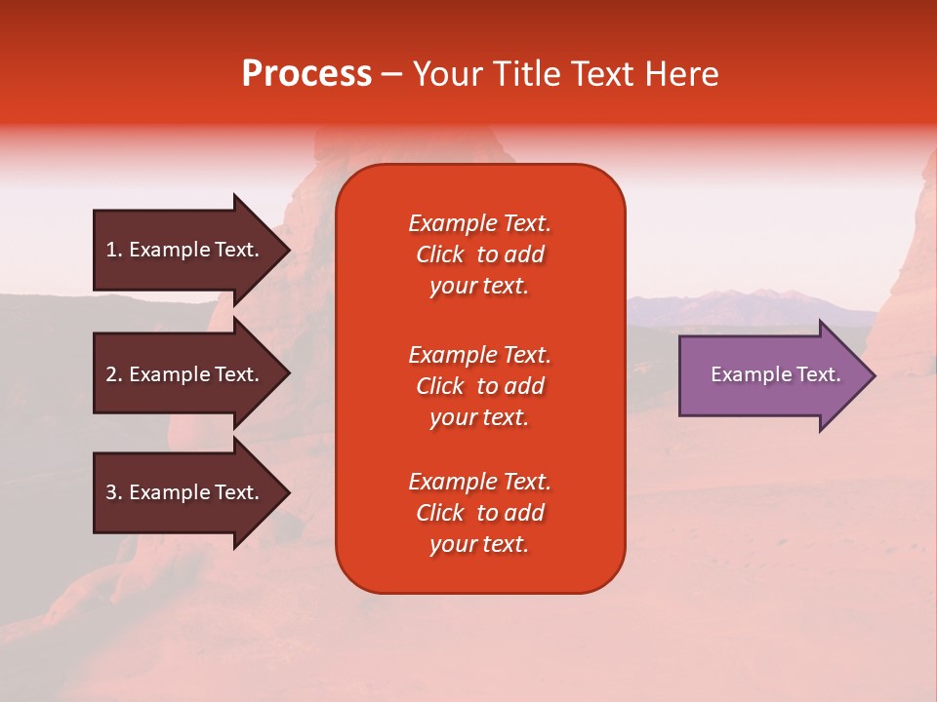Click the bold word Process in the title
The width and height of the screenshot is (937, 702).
(x=306, y=74)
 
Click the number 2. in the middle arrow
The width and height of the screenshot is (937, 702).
(x=114, y=374)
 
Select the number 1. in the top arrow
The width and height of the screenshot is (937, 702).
(x=114, y=250)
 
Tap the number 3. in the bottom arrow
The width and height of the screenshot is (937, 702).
(x=114, y=492)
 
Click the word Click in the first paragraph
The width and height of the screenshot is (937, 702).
(x=440, y=254)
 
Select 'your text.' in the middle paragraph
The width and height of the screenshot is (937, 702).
(x=479, y=417)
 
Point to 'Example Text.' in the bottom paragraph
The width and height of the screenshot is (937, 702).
(x=479, y=482)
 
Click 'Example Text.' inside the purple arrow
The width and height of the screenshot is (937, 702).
(x=776, y=374)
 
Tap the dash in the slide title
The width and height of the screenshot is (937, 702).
(x=391, y=75)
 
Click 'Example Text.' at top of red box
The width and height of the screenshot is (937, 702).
(x=479, y=223)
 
